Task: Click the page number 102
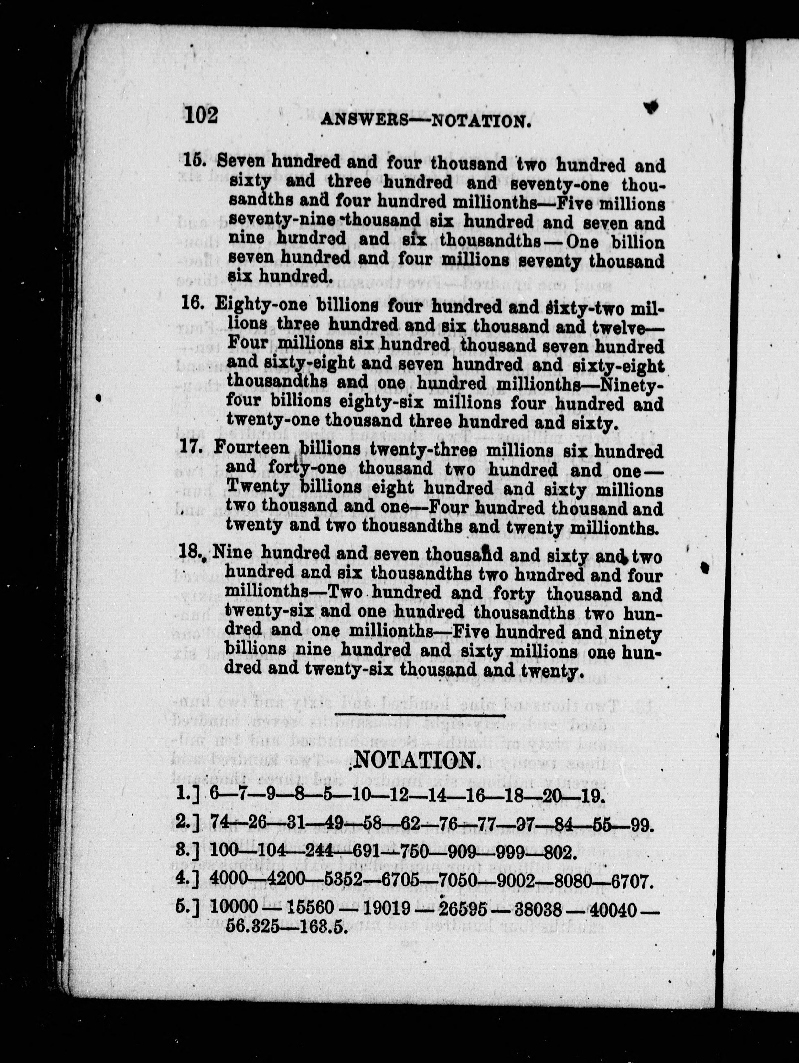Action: [201, 115]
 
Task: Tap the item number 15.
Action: [195, 160]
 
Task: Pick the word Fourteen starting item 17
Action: [252, 449]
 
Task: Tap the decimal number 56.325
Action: [253, 927]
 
